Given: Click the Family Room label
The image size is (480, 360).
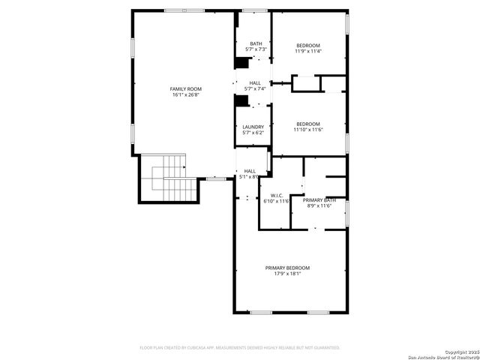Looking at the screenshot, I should coord(186,89).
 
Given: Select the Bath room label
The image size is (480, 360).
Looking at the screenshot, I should coord(256,43).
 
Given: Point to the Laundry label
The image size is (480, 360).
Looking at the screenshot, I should coord(253,127).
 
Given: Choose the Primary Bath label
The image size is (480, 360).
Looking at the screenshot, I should coord(319,200).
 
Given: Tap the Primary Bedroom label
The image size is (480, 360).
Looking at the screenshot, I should coord(287,268).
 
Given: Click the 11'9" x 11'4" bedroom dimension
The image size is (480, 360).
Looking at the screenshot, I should coord(307,51).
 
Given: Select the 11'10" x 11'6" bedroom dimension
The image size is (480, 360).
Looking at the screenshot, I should coord(307,130).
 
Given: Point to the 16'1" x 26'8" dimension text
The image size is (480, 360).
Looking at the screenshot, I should coord(186,95).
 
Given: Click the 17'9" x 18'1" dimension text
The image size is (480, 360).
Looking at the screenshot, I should coord(287,274).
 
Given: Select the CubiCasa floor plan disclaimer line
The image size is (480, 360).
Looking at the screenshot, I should coord(240,348).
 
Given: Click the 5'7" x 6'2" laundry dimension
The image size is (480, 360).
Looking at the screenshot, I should coord(253,133).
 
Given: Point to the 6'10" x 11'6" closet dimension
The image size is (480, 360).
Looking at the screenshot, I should coord(276,201).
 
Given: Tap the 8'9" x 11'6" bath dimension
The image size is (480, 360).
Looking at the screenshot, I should coord(319,206).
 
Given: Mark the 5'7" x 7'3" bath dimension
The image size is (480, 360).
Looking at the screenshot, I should coord(256,49).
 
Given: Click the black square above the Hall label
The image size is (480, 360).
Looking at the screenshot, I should coord(241,63).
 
